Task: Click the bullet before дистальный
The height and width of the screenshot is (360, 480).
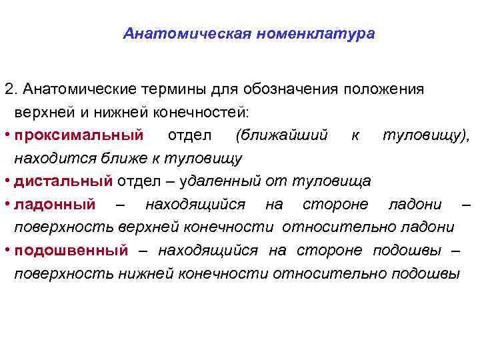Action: [x=6, y=181]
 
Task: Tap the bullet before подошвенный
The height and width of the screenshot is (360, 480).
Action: [x=6, y=250]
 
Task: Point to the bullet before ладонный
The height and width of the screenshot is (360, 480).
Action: [x=6, y=203]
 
